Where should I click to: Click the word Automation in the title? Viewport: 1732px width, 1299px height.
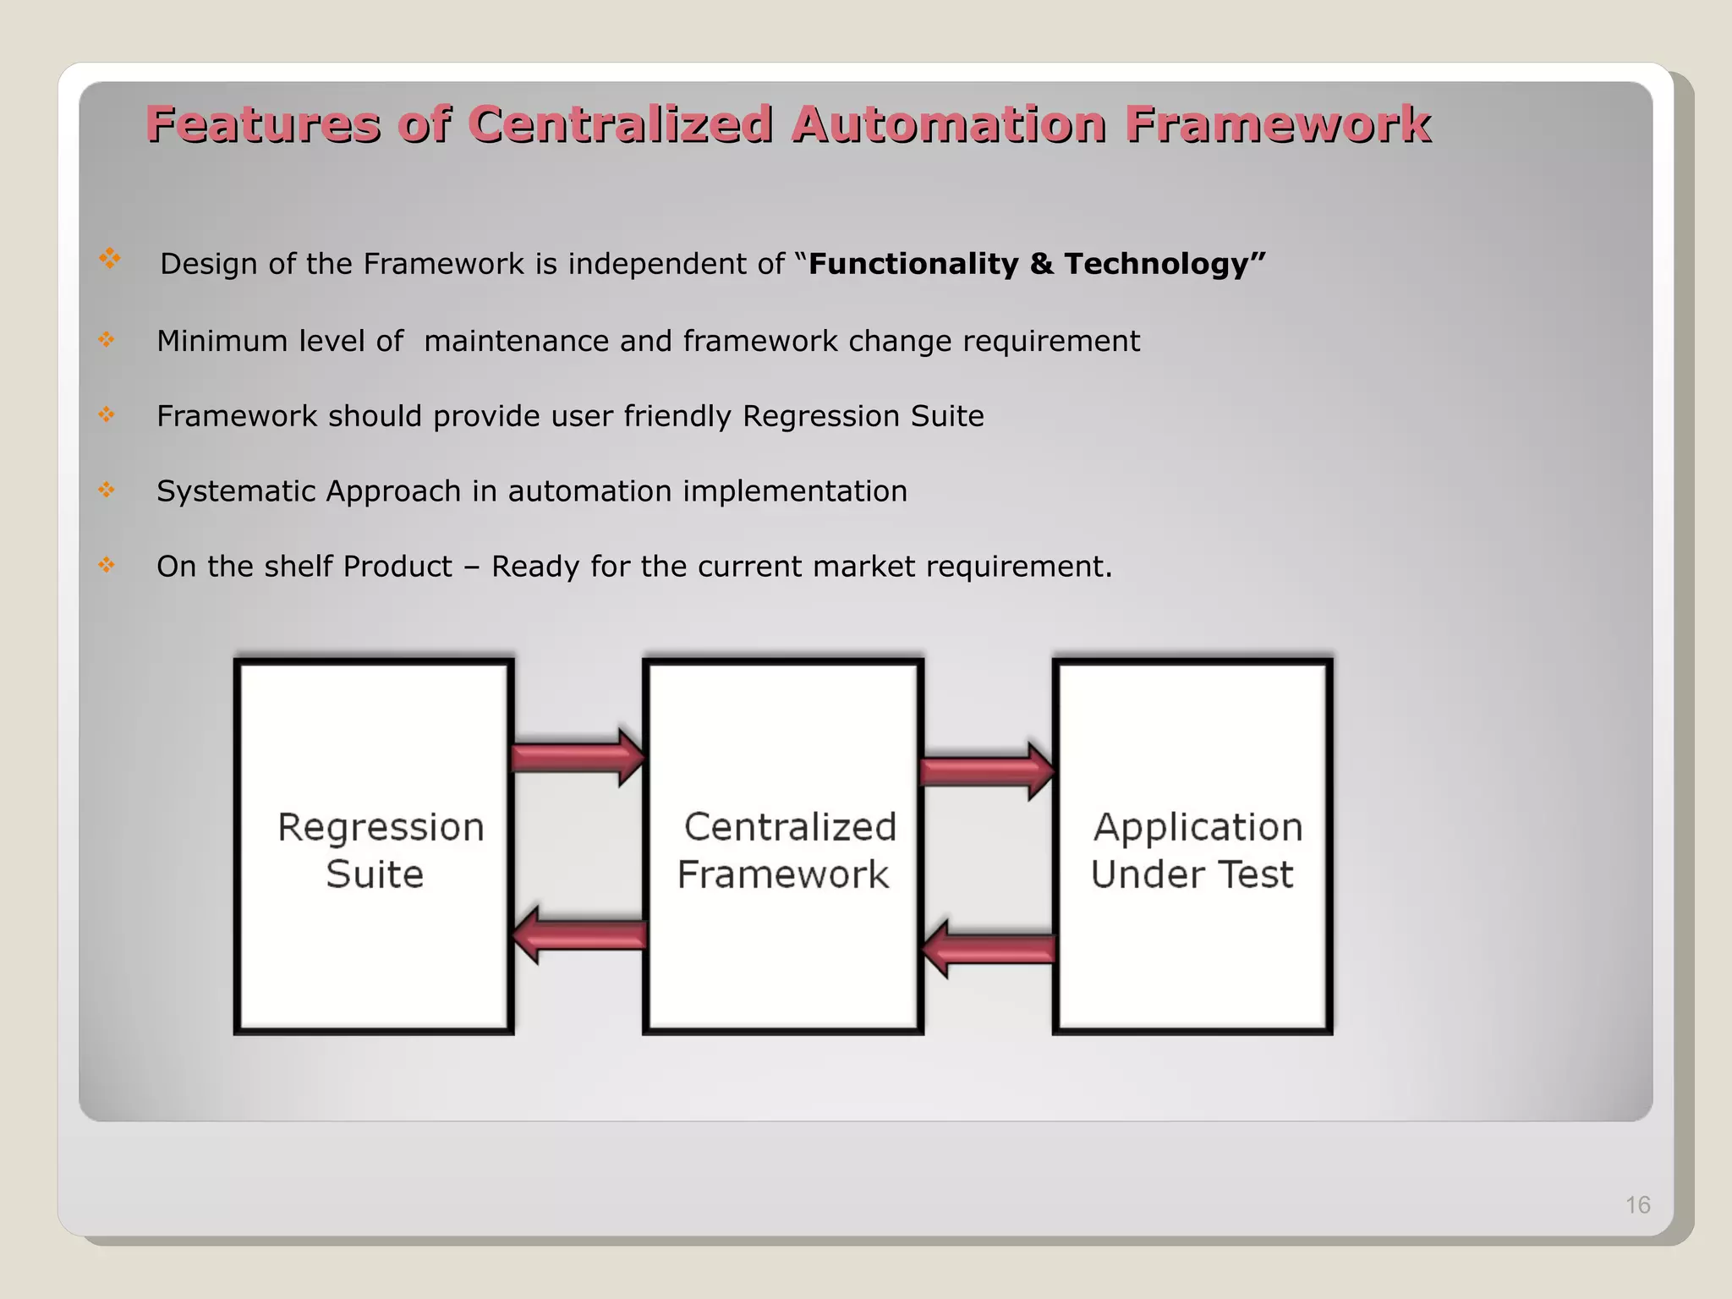(948, 124)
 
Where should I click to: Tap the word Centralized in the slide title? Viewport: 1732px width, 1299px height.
(620, 124)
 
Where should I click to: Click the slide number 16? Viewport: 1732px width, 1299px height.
(1637, 1204)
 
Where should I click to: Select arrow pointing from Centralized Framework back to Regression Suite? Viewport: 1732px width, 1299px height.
(578, 935)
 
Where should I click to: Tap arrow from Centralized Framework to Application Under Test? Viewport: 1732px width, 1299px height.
(987, 771)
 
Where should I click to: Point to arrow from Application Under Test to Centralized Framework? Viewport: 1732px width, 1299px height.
(987, 949)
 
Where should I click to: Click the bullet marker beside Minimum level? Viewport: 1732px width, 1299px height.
(106, 340)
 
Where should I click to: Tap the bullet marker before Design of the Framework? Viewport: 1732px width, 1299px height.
(109, 258)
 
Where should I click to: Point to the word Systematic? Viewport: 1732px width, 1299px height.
(236, 491)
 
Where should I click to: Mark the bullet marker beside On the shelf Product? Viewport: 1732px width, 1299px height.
(106, 564)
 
